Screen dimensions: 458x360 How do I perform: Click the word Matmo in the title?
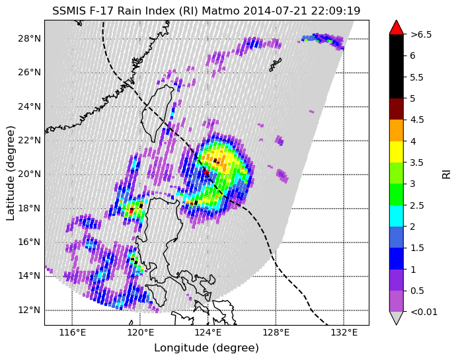point(221,11)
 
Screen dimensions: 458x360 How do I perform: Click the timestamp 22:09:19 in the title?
point(336,11)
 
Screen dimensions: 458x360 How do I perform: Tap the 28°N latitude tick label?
point(29,38)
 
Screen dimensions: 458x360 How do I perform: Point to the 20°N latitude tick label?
point(29,174)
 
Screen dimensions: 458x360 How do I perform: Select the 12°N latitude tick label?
point(29,310)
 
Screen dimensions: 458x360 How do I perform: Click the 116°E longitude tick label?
point(73,332)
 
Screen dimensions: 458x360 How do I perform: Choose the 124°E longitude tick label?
point(208,332)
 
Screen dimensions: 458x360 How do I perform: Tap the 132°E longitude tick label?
point(344,332)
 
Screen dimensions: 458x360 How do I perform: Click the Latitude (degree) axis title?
point(10,174)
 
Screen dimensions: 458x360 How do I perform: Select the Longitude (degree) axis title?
point(206,348)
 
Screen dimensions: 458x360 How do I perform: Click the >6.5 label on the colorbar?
point(421,35)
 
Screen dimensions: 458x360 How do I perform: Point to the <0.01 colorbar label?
point(424,312)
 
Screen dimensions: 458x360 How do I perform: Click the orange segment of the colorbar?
point(397,130)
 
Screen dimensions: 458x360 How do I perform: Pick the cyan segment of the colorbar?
point(397,216)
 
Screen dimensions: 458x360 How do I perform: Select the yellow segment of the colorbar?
point(397,152)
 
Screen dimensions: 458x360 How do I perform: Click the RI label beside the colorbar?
point(447,173)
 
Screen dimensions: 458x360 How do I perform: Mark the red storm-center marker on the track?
point(206,173)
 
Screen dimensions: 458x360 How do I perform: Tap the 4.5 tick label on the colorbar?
point(417,120)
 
